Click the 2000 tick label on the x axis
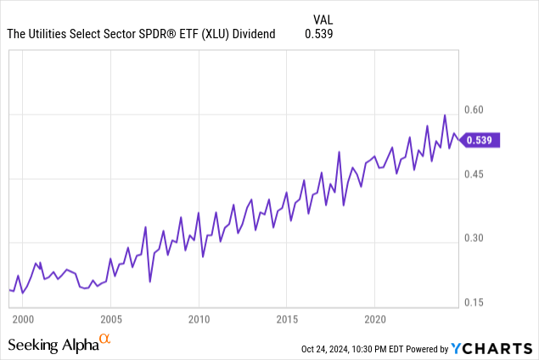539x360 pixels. coord(23,320)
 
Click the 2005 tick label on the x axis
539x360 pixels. coord(110,320)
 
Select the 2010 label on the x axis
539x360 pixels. coord(199,320)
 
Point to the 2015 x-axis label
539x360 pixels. coord(287,320)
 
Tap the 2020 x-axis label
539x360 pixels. coord(374,320)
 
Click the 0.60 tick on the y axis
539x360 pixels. coord(474,110)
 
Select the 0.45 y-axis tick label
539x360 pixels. coord(474,175)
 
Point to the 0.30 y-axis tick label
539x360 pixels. coord(474,239)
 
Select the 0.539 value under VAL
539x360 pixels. coord(318,35)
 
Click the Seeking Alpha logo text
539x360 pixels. coord(53,345)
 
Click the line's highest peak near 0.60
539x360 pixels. coord(445,115)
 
